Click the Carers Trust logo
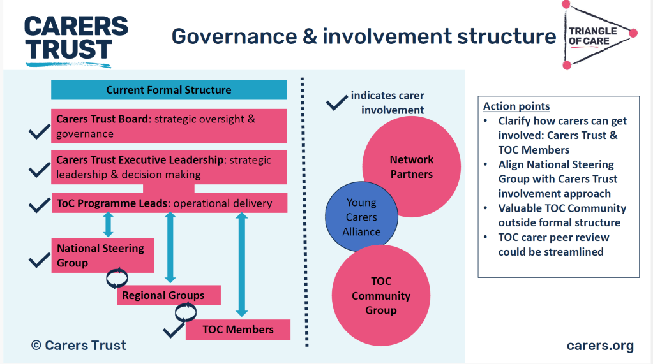click(75, 40)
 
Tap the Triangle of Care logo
click(597, 36)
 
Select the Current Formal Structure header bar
click(169, 91)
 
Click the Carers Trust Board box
click(169, 126)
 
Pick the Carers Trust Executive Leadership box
click(169, 167)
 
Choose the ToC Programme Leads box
click(169, 203)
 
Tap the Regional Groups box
click(168, 295)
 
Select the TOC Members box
click(237, 330)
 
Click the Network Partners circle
click(412, 167)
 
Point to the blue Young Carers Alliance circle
click(361, 217)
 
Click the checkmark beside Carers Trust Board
click(39, 132)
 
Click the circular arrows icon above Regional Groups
click(117, 278)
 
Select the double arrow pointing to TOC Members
click(241, 265)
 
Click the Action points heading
click(516, 106)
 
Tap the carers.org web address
click(600, 346)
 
